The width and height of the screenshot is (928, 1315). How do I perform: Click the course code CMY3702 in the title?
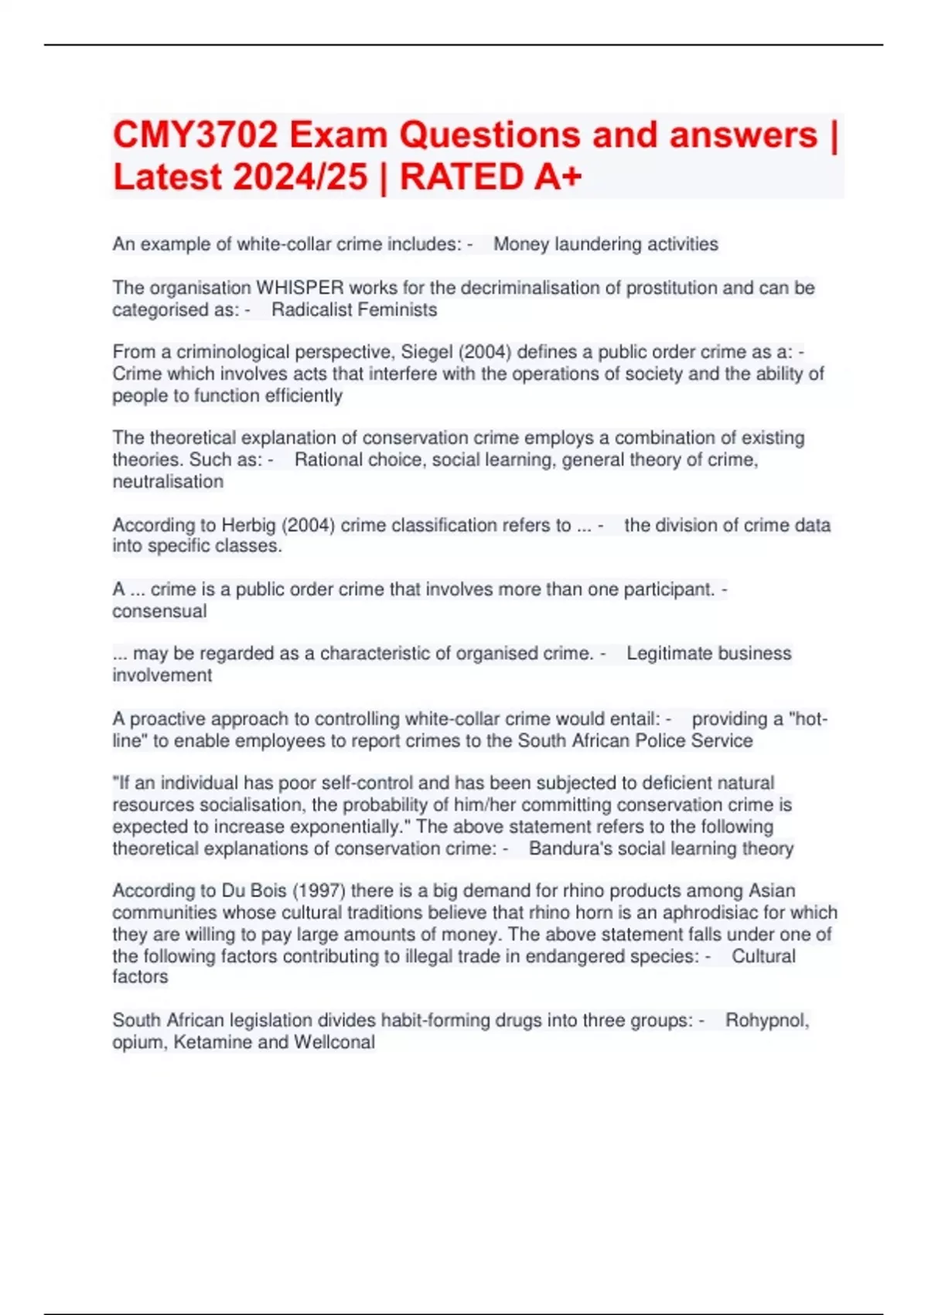pyautogui.click(x=196, y=135)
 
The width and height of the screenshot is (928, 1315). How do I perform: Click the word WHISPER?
pyautogui.click(x=300, y=288)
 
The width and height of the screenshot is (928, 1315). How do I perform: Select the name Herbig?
pyautogui.click(x=248, y=525)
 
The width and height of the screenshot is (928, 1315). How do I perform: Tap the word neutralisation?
pyautogui.click(x=168, y=481)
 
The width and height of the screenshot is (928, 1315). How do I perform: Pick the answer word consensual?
pyautogui.click(x=159, y=611)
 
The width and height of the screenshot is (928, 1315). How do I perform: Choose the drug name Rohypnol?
pyautogui.click(x=766, y=1020)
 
